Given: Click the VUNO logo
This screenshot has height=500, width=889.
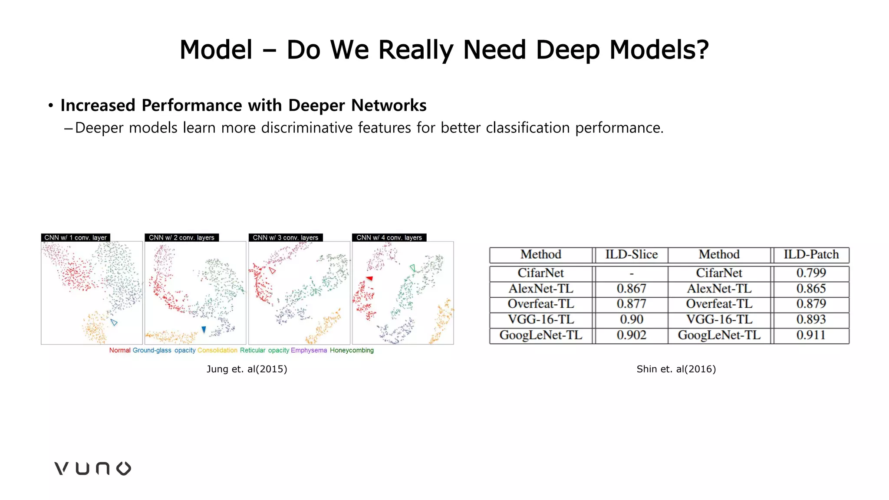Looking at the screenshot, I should [92, 468].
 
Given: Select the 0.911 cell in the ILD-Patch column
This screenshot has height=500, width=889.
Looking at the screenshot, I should [811, 335].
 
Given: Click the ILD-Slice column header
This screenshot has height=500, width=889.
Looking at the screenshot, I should [631, 254].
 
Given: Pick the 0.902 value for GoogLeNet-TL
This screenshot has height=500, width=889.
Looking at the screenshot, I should [631, 335].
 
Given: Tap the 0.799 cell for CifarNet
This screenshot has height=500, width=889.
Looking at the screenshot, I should [811, 273].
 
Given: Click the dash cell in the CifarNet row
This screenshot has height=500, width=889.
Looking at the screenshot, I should [631, 273].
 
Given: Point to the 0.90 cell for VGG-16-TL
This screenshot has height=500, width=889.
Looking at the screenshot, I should [631, 319].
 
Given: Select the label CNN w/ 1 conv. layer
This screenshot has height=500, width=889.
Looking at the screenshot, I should [76, 237].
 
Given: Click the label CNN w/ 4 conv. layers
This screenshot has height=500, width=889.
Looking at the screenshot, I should [389, 237].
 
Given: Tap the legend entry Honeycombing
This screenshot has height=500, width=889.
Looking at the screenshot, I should [352, 350].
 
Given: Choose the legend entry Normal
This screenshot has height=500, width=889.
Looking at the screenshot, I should [120, 350].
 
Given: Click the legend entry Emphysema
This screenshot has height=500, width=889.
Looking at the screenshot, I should [309, 350].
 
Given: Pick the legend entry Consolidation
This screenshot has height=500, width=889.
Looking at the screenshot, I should [217, 350].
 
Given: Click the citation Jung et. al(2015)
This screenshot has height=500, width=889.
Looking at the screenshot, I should [247, 369].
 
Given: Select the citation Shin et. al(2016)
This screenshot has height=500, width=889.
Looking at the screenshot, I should [676, 369].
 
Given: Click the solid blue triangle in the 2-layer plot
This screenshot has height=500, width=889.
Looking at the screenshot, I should [204, 329].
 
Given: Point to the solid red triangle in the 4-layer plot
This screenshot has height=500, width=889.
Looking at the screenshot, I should [369, 278].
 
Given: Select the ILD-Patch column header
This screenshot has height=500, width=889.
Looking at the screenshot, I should [811, 254].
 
